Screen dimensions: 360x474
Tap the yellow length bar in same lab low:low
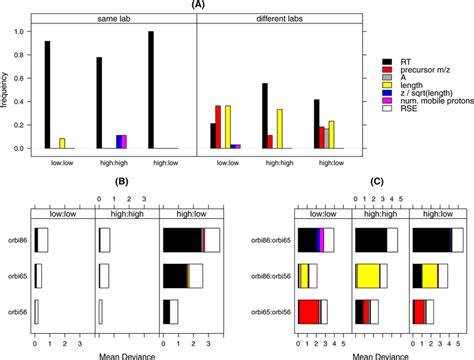(x=63, y=143)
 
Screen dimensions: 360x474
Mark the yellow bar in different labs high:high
(x=278, y=129)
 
